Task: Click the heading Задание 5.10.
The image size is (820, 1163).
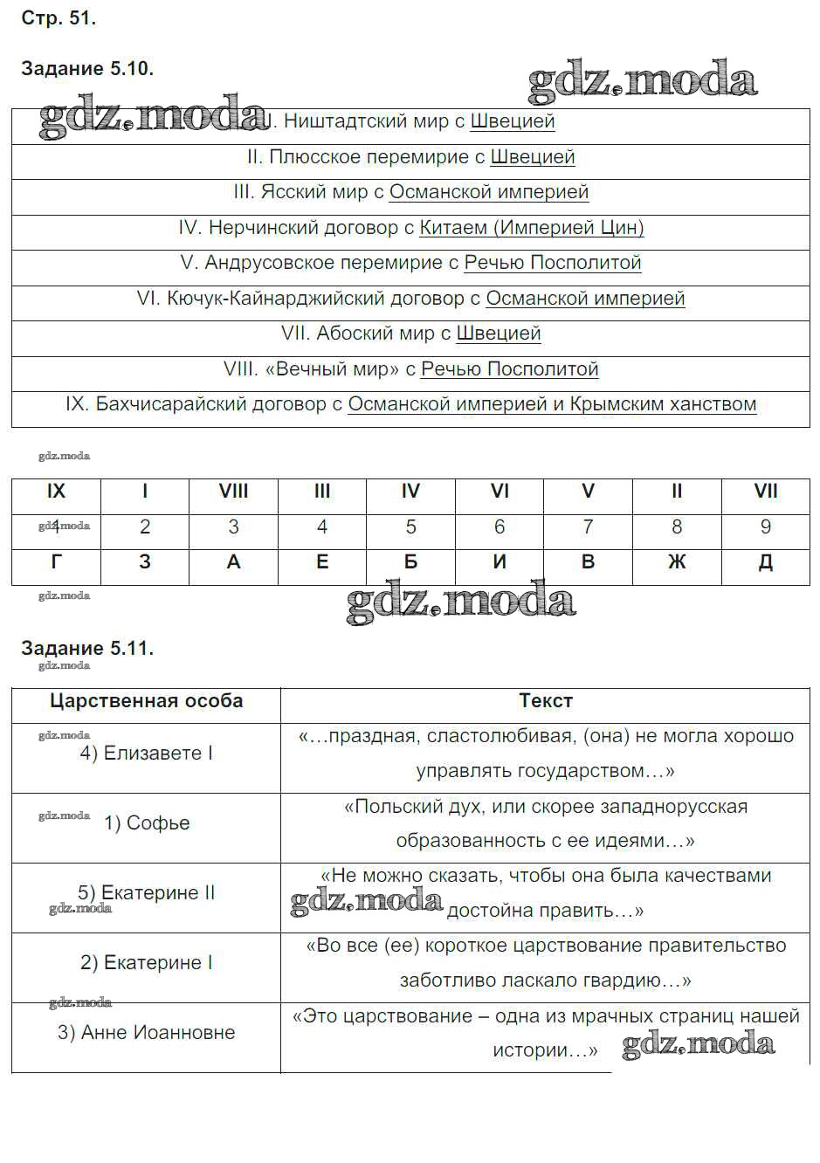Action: coord(87,69)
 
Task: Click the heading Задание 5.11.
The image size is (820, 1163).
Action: coord(87,648)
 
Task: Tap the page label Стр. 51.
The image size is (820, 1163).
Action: coord(59,18)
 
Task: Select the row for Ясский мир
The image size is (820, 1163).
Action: coord(410,192)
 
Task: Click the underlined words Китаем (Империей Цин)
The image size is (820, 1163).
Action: coord(531,228)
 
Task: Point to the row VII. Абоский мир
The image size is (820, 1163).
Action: coord(410,334)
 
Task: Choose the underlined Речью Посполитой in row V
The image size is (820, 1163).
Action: coord(552,263)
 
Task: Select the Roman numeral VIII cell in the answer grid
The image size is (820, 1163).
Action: coord(233,492)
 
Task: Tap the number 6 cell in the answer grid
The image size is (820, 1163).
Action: coord(500,527)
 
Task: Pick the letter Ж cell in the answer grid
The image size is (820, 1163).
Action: coord(677,562)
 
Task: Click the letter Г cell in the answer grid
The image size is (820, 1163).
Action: coord(56,562)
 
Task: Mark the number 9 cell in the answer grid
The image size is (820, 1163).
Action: coord(766,527)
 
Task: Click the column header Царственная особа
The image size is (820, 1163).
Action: coord(146,701)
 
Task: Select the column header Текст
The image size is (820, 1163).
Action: coord(546,701)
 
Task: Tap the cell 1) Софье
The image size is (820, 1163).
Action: coord(147,823)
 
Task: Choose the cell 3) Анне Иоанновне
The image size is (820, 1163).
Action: coord(147,1033)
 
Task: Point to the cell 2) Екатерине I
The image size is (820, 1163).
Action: coord(147,963)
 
